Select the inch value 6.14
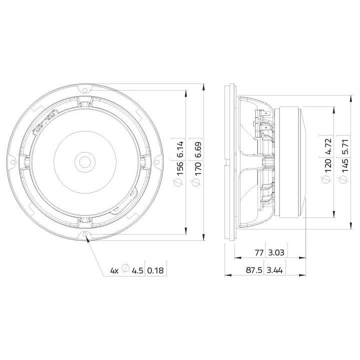click(180, 149)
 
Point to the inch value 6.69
click(197, 149)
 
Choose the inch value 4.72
click(327, 146)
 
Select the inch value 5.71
click(345, 146)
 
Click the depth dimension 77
click(259, 253)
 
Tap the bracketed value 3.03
click(276, 253)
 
